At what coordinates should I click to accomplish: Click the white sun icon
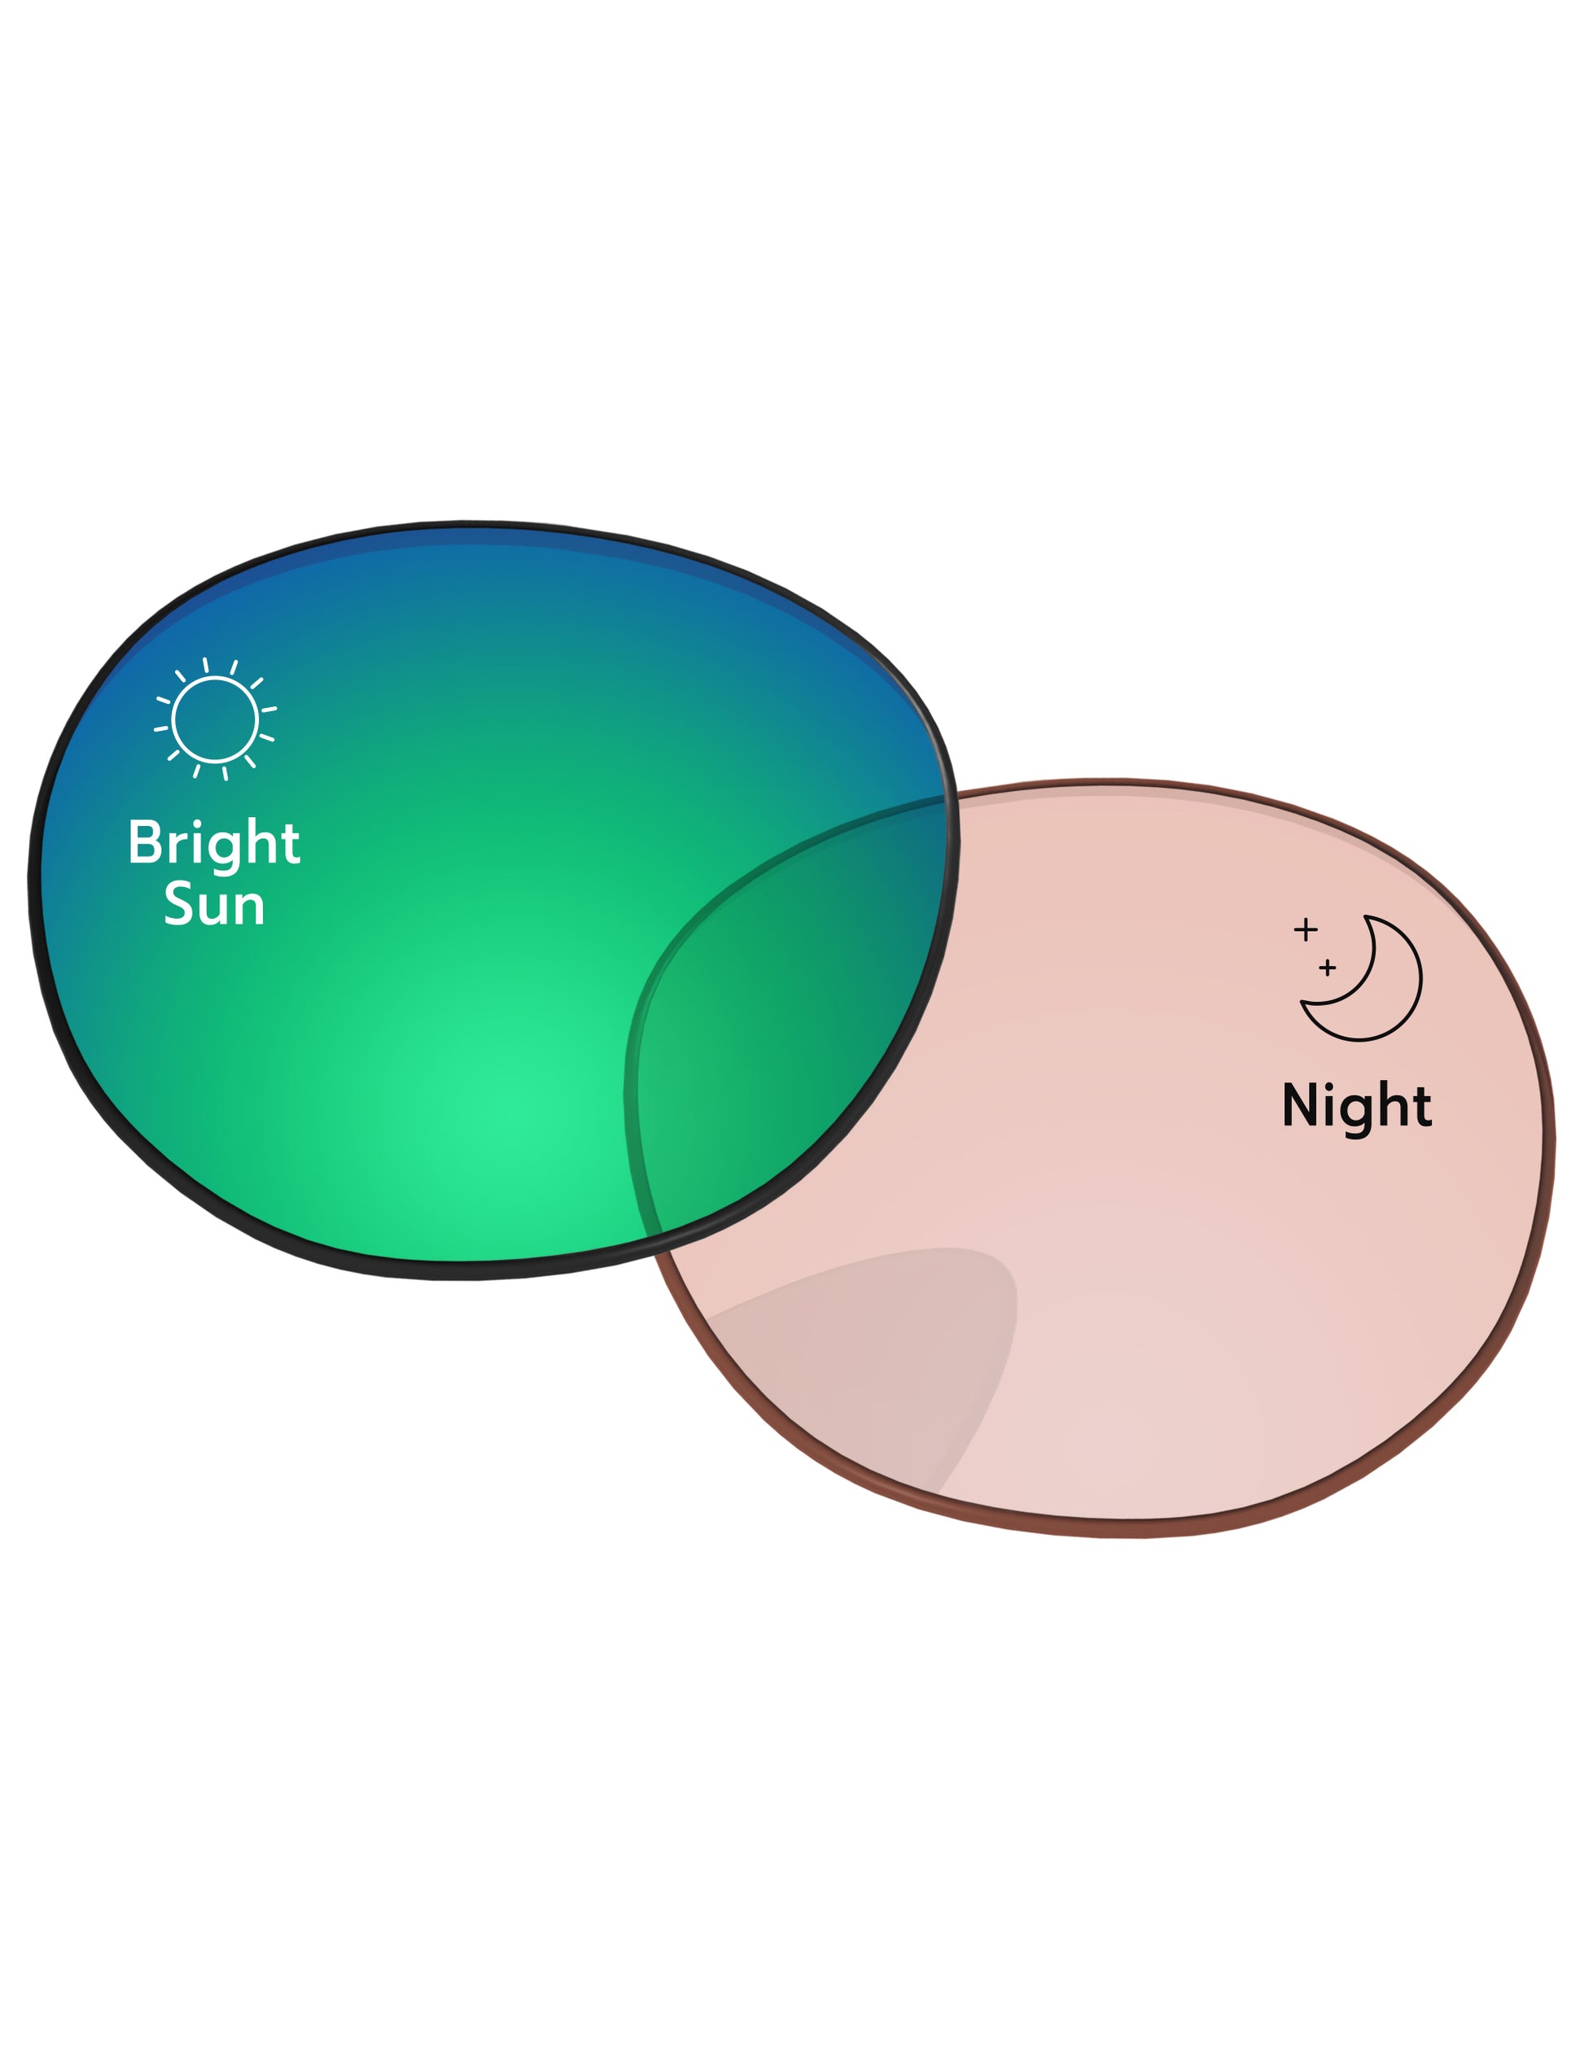(215, 719)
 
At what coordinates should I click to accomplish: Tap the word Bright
(214, 843)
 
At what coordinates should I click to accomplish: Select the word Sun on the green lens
(214, 905)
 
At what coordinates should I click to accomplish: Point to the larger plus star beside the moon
(1305, 930)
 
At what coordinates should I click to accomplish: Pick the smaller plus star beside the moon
(1328, 968)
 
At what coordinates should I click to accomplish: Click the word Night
(1357, 1105)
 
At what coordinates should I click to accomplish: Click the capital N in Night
(1301, 1104)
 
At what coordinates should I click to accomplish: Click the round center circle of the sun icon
(215, 719)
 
